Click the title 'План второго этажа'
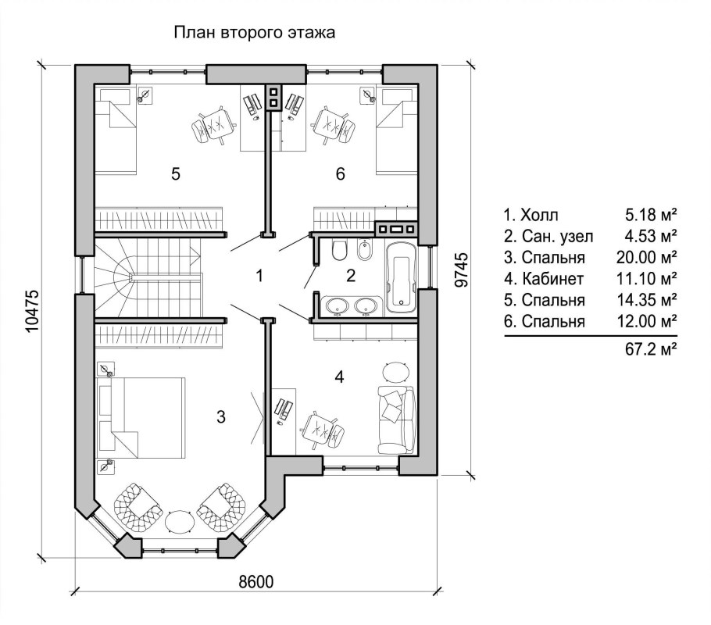(x=255, y=33)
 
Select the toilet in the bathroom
(x=339, y=250)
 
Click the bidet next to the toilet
(x=364, y=250)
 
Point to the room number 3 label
(x=221, y=417)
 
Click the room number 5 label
(x=176, y=173)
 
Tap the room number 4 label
(x=339, y=377)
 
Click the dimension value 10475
(x=33, y=311)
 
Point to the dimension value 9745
(x=461, y=270)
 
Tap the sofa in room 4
(x=396, y=420)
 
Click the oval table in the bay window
(x=180, y=522)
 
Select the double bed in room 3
(x=141, y=417)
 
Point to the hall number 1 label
(x=259, y=275)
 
